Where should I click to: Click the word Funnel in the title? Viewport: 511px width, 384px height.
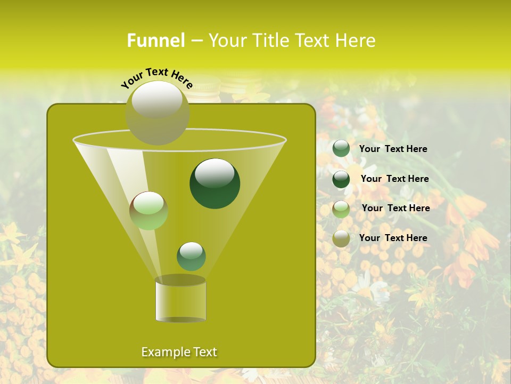tap(155, 41)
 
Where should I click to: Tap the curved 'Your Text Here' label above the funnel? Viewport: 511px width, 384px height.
tap(157, 78)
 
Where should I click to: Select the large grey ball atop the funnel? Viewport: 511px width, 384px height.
tap(158, 113)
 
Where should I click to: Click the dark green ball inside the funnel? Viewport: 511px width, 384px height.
tap(215, 184)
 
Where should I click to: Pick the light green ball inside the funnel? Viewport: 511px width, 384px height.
tap(149, 211)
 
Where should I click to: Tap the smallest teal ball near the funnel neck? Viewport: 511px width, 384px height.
tap(191, 256)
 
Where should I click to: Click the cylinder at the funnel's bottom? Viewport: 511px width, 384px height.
tap(180, 299)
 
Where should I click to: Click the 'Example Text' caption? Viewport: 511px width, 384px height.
tap(179, 352)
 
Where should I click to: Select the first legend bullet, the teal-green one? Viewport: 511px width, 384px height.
tap(341, 149)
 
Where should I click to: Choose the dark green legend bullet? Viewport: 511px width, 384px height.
tap(341, 179)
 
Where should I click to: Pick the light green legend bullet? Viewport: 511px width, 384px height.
tap(341, 209)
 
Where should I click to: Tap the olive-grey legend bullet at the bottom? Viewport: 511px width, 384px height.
tap(341, 238)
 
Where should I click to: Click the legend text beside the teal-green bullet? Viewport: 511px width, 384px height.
tap(393, 149)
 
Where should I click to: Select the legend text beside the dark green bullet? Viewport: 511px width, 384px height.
tap(394, 179)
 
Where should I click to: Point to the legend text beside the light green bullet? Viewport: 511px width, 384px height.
tap(395, 208)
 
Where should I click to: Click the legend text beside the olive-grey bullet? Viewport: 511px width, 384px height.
tap(393, 238)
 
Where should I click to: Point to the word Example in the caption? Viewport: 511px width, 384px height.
tap(163, 352)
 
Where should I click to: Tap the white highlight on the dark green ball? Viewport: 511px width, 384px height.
tap(215, 173)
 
